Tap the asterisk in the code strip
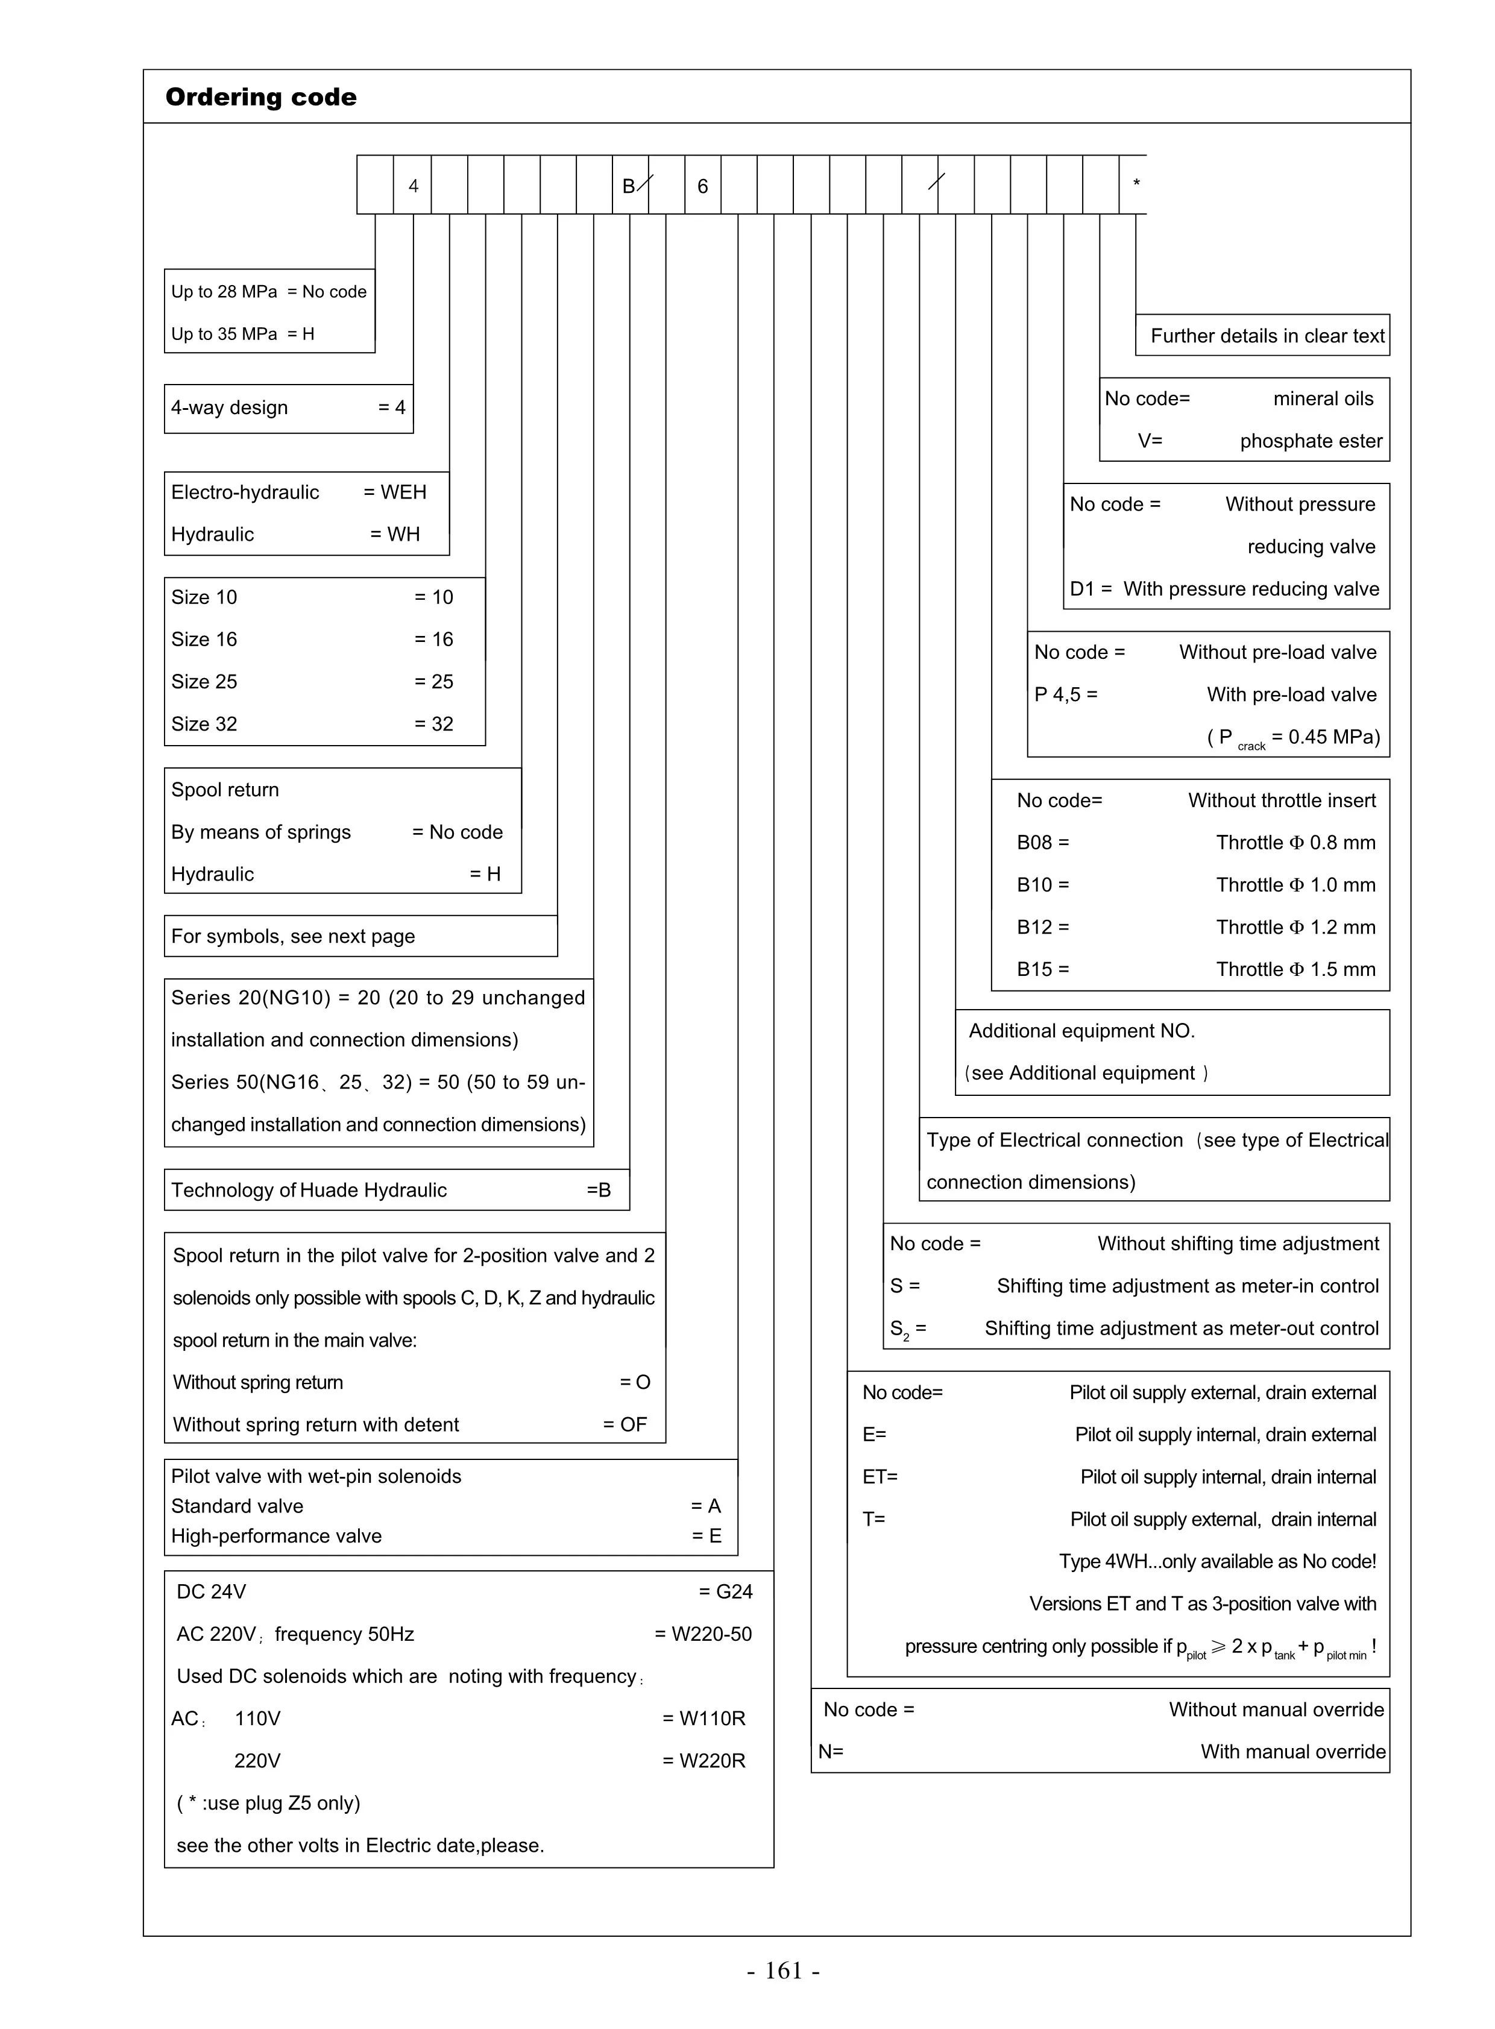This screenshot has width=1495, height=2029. tap(1137, 184)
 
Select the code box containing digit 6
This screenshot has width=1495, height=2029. tap(702, 186)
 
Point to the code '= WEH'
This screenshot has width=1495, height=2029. tap(395, 492)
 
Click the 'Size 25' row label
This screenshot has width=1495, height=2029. tap(204, 682)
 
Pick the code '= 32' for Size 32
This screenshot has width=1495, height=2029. tap(433, 724)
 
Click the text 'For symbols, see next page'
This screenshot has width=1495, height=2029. tap(293, 937)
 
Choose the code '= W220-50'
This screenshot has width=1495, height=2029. tap(703, 1634)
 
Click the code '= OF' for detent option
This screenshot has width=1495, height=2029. tap(625, 1424)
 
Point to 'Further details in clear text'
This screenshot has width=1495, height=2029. tap(1267, 336)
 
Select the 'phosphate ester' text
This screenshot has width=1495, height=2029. tap(1311, 442)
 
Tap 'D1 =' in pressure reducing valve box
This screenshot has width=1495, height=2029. tap(1091, 589)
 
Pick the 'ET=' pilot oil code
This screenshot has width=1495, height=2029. tap(880, 1477)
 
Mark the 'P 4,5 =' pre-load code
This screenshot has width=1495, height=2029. tap(1066, 695)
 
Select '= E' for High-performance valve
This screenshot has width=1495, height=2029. tap(707, 1536)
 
